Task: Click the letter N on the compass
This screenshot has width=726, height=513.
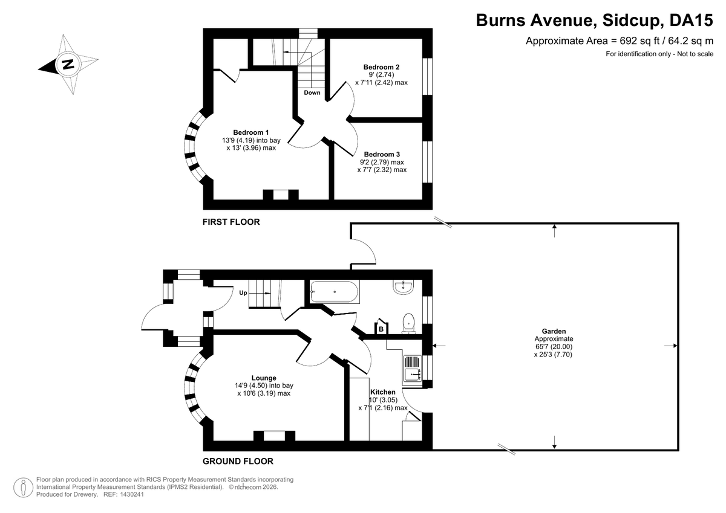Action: [x=68, y=65]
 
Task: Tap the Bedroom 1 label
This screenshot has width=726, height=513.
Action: [x=251, y=132]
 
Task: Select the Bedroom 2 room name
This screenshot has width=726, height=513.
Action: [x=381, y=67]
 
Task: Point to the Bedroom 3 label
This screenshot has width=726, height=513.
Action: [x=382, y=154]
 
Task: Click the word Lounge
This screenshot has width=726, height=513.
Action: [x=264, y=378]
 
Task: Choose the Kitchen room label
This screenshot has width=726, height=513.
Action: [x=383, y=392]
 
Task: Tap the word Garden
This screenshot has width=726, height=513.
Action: [x=554, y=331]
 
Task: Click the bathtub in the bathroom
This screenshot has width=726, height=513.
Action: [x=335, y=292]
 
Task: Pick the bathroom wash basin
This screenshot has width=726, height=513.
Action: [x=403, y=287]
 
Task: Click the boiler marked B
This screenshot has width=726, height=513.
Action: [x=382, y=327]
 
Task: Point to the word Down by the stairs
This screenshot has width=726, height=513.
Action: [x=312, y=92]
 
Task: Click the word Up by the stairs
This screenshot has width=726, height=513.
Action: [x=243, y=293]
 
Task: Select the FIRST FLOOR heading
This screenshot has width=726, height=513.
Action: [x=231, y=222]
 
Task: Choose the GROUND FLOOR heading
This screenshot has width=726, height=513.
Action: [x=238, y=461]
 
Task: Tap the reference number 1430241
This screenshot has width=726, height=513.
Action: [x=132, y=494]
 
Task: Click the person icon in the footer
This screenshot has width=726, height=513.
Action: [x=23, y=488]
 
